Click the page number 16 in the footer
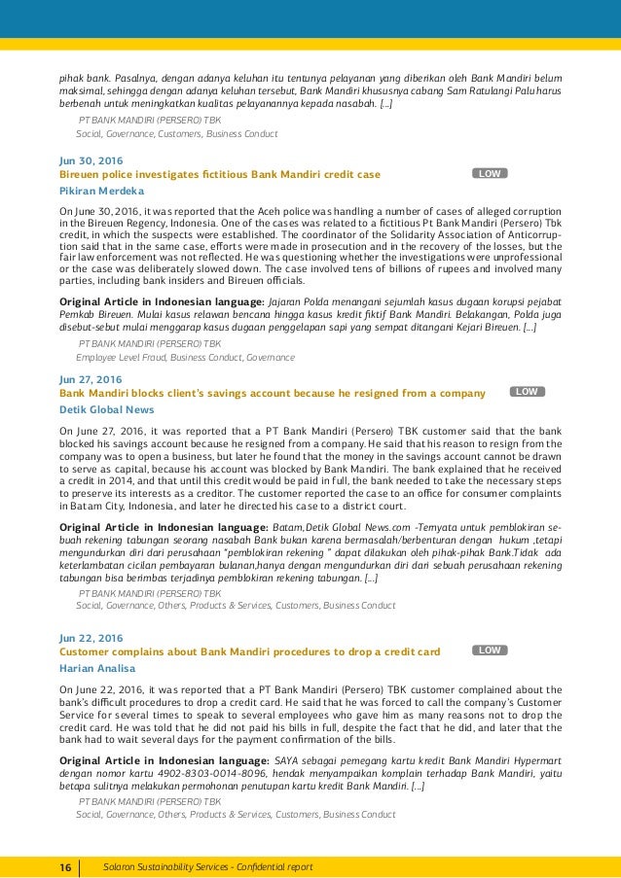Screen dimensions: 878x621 64,865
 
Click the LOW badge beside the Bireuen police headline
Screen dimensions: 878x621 490,173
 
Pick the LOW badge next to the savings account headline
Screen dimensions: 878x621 527,392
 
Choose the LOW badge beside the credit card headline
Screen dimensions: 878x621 490,650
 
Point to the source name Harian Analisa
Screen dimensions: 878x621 97,668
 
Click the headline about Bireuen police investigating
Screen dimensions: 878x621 220,174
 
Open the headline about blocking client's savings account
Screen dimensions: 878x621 273,393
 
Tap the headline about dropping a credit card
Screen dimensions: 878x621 250,651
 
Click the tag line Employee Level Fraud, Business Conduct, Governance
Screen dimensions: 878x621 185,357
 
